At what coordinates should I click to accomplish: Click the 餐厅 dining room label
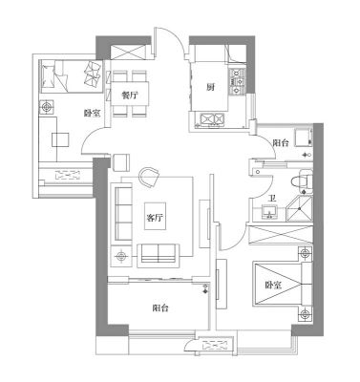[130, 95]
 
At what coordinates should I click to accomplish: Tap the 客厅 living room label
[155, 218]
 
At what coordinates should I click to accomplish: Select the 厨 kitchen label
[210, 87]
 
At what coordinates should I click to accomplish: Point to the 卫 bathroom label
[272, 200]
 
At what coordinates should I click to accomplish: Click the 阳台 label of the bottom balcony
[160, 308]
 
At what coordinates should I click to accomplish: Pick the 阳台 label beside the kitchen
[281, 143]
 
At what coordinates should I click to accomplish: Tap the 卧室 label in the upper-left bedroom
[93, 113]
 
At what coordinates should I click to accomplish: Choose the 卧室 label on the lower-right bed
[273, 286]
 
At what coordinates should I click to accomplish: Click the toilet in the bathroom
[302, 181]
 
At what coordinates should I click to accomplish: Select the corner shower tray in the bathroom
[299, 208]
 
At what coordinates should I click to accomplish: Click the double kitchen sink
[212, 119]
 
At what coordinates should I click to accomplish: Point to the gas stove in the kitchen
[237, 82]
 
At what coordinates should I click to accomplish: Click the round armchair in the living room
[149, 178]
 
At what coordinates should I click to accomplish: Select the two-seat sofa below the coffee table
[159, 254]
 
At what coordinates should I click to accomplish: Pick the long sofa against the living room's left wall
[123, 213]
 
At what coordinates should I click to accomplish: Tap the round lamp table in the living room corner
[120, 256]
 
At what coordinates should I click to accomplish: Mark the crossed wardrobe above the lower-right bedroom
[281, 235]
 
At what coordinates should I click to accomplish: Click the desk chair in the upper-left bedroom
[60, 139]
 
